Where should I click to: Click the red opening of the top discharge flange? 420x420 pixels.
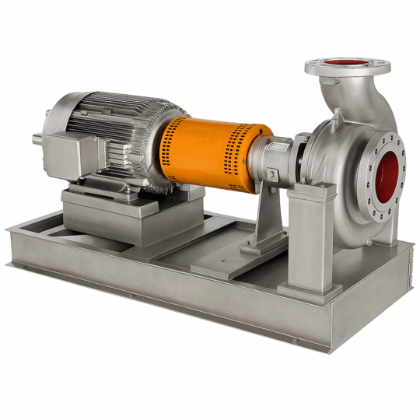[347, 62]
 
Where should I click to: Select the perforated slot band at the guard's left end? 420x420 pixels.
[167, 156]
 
